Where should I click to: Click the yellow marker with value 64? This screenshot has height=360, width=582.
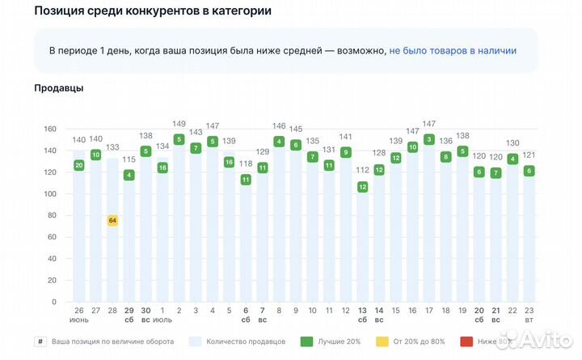(112, 220)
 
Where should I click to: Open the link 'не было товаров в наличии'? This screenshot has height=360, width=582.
(453, 50)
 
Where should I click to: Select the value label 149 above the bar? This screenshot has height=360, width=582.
(179, 125)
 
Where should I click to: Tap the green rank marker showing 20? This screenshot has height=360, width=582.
(79, 165)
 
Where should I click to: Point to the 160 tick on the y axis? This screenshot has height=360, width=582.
(49, 129)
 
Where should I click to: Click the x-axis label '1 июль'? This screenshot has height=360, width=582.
(162, 316)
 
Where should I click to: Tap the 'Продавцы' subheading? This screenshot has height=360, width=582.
(59, 87)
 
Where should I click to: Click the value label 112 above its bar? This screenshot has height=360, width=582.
(362, 170)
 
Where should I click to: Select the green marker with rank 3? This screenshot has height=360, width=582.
(429, 139)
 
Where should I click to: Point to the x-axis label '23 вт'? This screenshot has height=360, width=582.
(529, 316)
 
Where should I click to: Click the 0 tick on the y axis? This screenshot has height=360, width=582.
(53, 302)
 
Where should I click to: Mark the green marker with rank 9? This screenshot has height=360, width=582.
(345, 152)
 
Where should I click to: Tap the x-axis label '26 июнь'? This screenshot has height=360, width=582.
(79, 316)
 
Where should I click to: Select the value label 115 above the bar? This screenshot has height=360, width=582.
(129, 159)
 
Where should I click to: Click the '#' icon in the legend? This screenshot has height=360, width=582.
(40, 341)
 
